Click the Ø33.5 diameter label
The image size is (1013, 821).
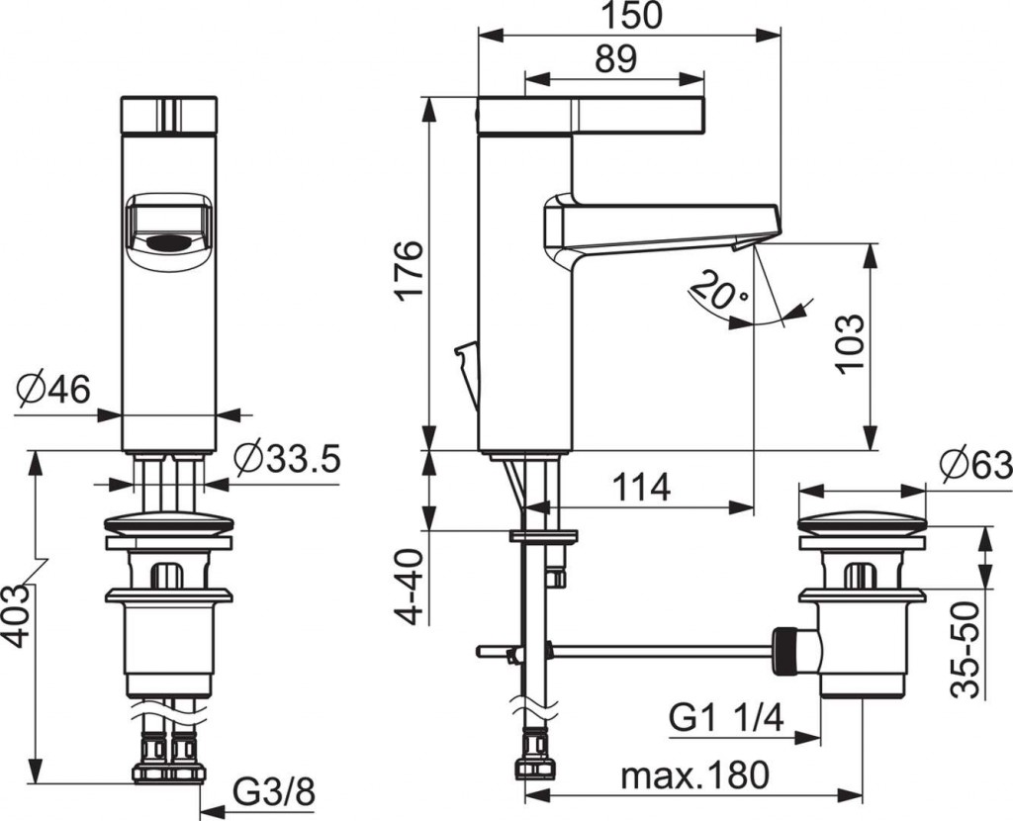coord(288,459)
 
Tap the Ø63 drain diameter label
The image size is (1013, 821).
coord(975,464)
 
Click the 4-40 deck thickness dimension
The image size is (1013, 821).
coord(410,583)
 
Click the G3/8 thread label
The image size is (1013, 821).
coord(274,792)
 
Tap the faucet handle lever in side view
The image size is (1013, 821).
coord(591,115)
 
